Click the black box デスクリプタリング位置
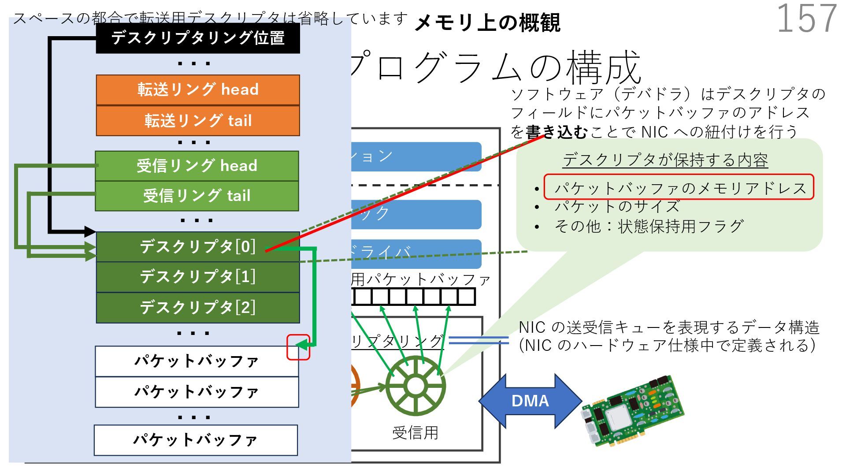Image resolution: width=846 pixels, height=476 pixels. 198,38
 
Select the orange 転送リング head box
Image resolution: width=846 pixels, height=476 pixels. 198,90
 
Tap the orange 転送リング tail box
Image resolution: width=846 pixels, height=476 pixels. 198,121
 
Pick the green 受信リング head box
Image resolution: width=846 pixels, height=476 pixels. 197,166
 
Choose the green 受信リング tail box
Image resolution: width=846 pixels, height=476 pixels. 197,196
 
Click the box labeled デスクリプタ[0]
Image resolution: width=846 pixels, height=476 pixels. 198,247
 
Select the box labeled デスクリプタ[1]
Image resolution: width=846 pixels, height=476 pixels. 198,277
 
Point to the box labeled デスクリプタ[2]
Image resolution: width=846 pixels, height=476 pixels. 198,308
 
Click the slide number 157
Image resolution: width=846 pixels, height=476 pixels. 806,19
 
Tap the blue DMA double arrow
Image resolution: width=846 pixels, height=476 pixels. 530,401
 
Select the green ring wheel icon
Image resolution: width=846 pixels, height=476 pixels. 415,386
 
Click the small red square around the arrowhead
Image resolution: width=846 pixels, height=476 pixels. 298,347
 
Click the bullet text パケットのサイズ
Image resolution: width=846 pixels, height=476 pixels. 617,206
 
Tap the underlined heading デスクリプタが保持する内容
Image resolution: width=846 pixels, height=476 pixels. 665,160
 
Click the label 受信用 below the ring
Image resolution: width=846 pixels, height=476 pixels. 415,433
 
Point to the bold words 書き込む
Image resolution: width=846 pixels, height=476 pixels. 557,132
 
